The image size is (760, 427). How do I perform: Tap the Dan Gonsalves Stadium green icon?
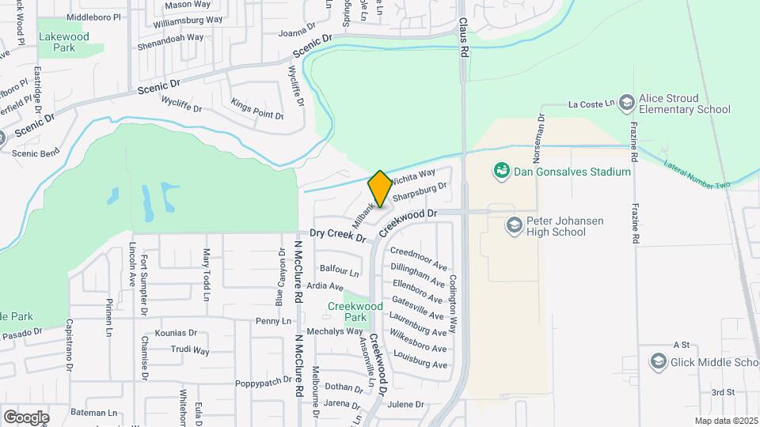pyautogui.click(x=500, y=170)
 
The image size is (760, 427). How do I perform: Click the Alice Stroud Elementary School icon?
pyautogui.click(x=627, y=103)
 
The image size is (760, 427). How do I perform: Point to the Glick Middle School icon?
pyautogui.click(x=658, y=362)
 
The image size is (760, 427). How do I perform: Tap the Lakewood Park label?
pyautogui.click(x=65, y=42)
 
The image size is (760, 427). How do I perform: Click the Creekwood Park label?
pyautogui.click(x=356, y=312)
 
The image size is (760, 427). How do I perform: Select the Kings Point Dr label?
pyautogui.click(x=257, y=109)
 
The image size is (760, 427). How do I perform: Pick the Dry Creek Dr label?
pyautogui.click(x=337, y=235)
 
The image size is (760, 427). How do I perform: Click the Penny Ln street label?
pyautogui.click(x=273, y=321)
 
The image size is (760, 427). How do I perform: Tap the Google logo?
pyautogui.click(x=26, y=417)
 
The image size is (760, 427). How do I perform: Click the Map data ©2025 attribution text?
pyautogui.click(x=726, y=421)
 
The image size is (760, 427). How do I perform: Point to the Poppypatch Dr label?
pyautogui.click(x=266, y=383)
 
